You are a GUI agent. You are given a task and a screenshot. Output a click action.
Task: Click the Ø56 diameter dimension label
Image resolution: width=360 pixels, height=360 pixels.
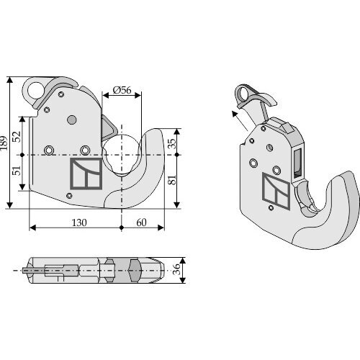point(122,90)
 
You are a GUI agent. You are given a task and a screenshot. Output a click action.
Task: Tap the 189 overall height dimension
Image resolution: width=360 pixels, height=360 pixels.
point(4,143)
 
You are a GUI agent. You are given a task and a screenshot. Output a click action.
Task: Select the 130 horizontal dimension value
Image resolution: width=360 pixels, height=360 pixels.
point(79,222)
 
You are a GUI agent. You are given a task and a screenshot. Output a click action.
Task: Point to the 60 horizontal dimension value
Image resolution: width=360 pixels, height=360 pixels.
point(141,222)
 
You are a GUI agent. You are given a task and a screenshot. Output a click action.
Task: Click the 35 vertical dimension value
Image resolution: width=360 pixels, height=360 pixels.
point(172,143)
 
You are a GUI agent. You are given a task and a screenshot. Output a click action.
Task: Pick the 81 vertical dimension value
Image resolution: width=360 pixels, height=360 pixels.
point(172,179)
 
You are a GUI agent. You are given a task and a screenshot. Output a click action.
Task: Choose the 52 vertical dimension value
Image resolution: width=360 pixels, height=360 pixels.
point(17,137)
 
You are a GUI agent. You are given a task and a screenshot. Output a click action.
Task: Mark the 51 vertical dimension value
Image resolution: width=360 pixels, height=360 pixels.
point(17,170)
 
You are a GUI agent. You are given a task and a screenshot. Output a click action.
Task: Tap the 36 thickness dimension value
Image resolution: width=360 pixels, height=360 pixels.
point(176,269)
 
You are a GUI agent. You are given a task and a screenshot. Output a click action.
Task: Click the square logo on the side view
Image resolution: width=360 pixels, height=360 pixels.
point(86,174)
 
